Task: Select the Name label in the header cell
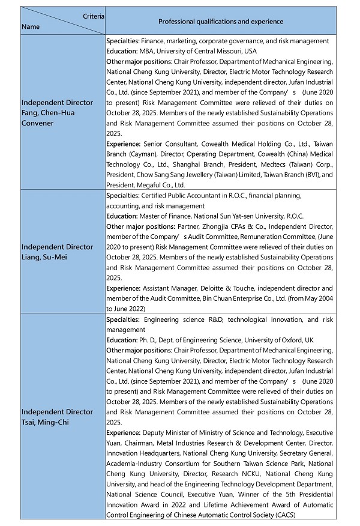(x=30, y=27)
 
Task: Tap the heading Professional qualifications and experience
(x=220, y=22)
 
